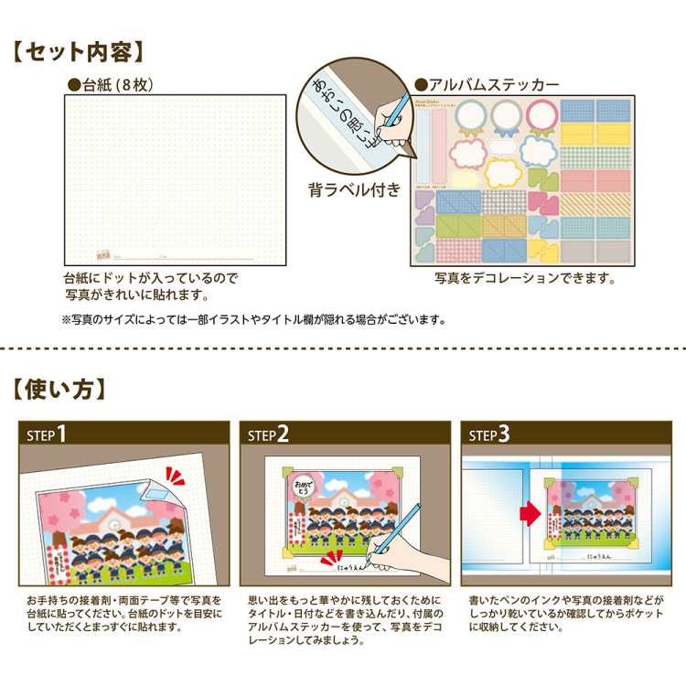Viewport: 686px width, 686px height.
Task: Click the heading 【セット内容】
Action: point(79,49)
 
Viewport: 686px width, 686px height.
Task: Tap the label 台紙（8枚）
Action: point(115,85)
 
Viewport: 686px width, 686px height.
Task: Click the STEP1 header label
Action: point(46,434)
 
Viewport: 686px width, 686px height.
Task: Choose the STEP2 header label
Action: point(267,434)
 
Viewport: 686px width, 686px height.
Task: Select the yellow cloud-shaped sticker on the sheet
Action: point(501,171)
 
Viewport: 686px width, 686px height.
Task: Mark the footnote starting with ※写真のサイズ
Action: point(253,320)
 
